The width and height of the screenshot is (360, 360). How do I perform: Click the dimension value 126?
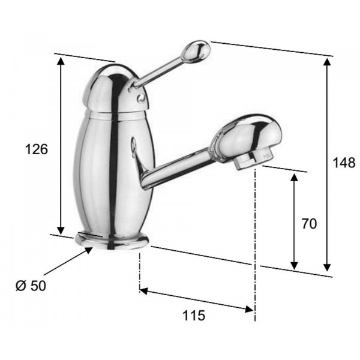(x=37, y=149)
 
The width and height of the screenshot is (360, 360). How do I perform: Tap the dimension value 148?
(x=344, y=163)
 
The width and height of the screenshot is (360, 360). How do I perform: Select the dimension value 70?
(x=309, y=224)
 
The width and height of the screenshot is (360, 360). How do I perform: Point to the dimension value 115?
(x=194, y=315)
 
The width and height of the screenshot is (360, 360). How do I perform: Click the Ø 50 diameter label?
(x=31, y=286)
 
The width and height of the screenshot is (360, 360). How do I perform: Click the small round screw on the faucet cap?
(x=141, y=98)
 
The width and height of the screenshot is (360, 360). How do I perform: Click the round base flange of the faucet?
(x=112, y=241)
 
